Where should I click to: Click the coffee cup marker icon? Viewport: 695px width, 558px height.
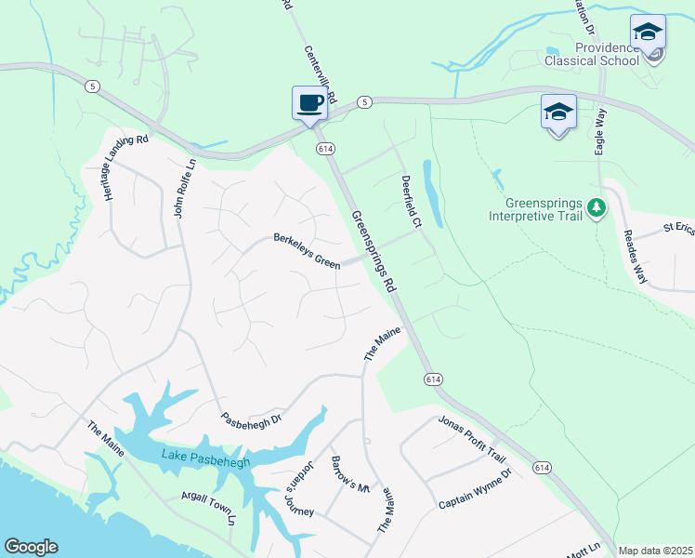point(309,102)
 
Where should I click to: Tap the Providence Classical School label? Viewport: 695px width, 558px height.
point(607,54)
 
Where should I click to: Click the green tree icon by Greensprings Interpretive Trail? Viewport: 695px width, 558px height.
point(597,208)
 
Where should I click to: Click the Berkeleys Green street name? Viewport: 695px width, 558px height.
point(307,251)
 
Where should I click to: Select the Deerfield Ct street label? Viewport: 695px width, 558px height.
point(411,201)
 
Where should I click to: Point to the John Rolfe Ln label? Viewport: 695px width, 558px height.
point(185,186)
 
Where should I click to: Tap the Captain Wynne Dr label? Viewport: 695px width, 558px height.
point(476,489)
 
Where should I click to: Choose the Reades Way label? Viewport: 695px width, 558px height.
point(636,257)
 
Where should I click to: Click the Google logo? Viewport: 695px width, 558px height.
point(31,547)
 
